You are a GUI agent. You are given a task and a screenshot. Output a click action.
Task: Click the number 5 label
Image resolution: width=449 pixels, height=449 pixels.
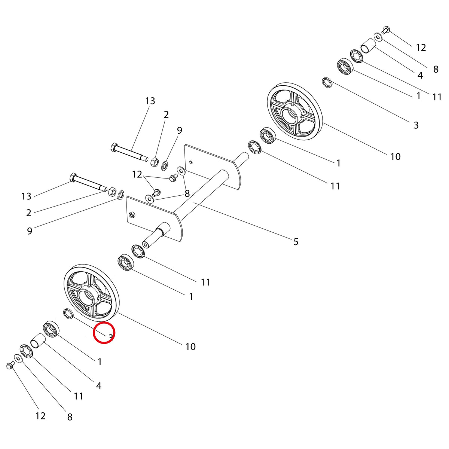coord(296,242)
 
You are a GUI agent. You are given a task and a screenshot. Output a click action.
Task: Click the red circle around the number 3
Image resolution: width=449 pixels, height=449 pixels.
coord(104,333)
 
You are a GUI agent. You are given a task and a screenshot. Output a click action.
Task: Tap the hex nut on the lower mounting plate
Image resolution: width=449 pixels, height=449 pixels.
coord(131,214)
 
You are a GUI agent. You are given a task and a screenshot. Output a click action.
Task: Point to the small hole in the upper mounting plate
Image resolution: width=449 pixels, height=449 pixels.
coord(191,162)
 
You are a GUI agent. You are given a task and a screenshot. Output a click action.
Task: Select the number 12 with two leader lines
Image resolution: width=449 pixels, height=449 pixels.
coord(137,174)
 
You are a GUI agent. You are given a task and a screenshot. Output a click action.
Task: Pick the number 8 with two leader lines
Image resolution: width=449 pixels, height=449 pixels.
coord(187,193)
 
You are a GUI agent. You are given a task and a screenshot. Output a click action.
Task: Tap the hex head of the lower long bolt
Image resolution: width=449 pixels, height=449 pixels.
coord(73,178)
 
